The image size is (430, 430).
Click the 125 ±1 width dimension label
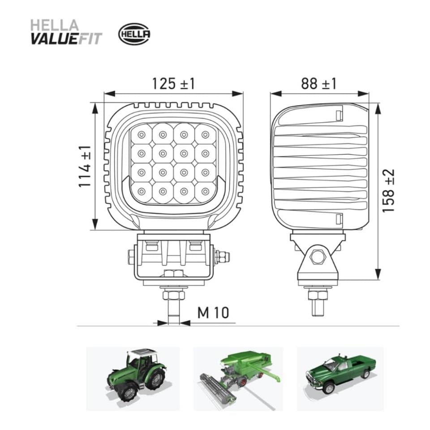(173, 83)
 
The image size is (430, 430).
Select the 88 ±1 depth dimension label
(318, 83)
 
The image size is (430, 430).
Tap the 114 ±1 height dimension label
(85, 166)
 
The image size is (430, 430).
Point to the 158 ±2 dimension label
(389, 191)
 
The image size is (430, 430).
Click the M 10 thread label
(213, 313)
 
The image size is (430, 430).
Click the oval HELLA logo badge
(134, 34)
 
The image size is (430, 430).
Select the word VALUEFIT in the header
(66, 39)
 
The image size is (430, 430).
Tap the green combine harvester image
(237, 376)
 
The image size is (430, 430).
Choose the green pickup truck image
(340, 375)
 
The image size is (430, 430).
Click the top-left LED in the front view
(141, 134)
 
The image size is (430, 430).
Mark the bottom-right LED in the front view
(205, 192)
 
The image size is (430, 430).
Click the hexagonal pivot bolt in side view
(318, 257)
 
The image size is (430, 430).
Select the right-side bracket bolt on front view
(221, 257)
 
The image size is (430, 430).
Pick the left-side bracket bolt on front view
(131, 257)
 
